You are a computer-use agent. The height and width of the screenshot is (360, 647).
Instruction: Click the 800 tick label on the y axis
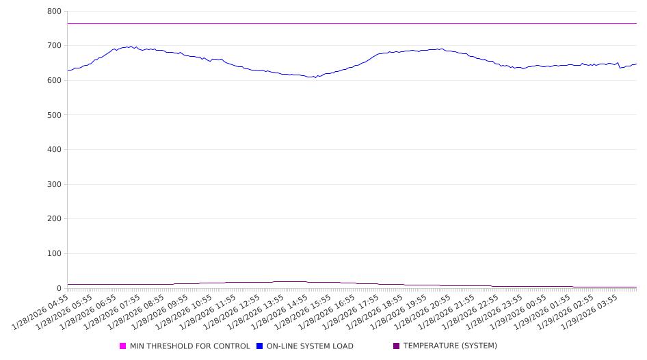pyautogui.click(x=55, y=12)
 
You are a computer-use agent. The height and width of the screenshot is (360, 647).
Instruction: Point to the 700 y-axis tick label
pyautogui.click(x=55, y=46)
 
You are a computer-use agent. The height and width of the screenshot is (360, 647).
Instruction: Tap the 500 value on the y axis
pyautogui.click(x=55, y=115)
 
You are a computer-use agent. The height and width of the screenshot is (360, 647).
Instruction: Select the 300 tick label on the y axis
pyautogui.click(x=55, y=184)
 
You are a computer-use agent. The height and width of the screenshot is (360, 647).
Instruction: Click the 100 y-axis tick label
pyautogui.click(x=55, y=254)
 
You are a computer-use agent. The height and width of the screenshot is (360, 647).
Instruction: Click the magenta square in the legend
pyautogui.click(x=123, y=346)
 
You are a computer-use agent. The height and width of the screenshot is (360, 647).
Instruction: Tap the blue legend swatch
pyautogui.click(x=260, y=346)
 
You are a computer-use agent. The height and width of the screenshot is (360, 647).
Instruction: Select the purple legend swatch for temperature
pyautogui.click(x=397, y=346)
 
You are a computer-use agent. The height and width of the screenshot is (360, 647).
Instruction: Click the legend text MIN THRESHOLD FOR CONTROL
pyautogui.click(x=189, y=346)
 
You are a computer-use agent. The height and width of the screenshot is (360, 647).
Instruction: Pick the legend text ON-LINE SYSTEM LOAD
pyautogui.click(x=310, y=346)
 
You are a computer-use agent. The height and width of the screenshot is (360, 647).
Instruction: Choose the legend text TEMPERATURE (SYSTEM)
pyautogui.click(x=450, y=346)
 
